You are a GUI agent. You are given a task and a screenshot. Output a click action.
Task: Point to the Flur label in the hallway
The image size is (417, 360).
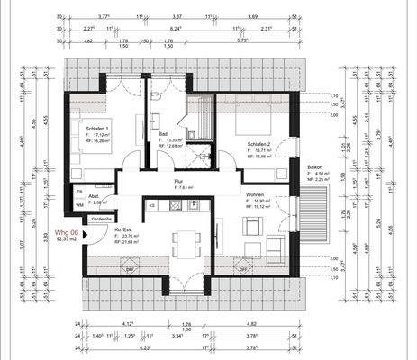pyautogui.click(x=178, y=181)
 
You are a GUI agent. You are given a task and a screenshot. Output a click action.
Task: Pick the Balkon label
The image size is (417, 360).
pyautogui.click(x=314, y=167)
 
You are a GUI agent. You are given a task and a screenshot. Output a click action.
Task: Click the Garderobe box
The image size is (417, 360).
pyautogui.click(x=100, y=219)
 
